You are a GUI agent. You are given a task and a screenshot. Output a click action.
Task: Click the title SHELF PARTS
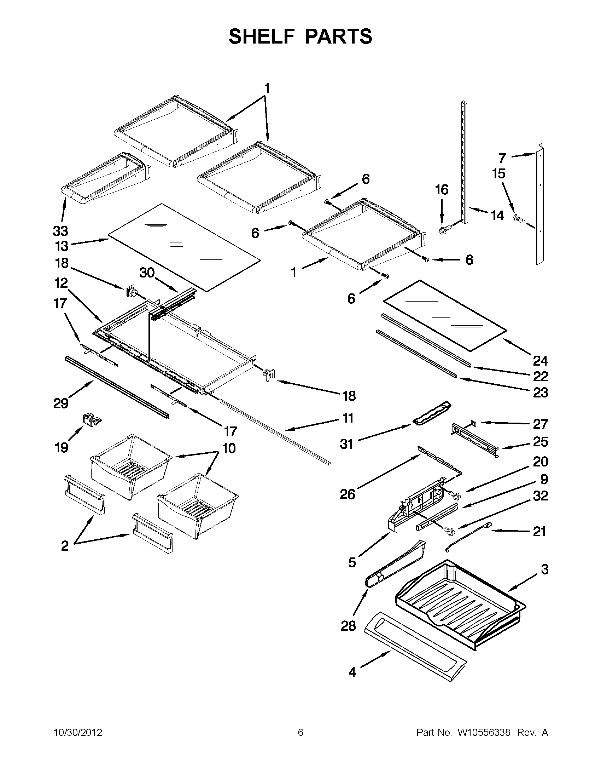click(300, 36)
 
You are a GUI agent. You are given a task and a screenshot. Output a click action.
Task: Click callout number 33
click(60, 231)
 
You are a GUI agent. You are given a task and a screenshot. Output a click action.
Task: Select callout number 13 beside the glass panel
click(61, 246)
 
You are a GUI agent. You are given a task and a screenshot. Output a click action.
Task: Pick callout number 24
click(540, 361)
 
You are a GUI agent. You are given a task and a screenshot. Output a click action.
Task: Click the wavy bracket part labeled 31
click(432, 413)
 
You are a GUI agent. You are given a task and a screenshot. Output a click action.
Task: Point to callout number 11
click(348, 418)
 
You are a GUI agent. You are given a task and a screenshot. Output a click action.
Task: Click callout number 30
click(147, 273)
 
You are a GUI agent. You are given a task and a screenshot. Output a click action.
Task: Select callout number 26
click(348, 494)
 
